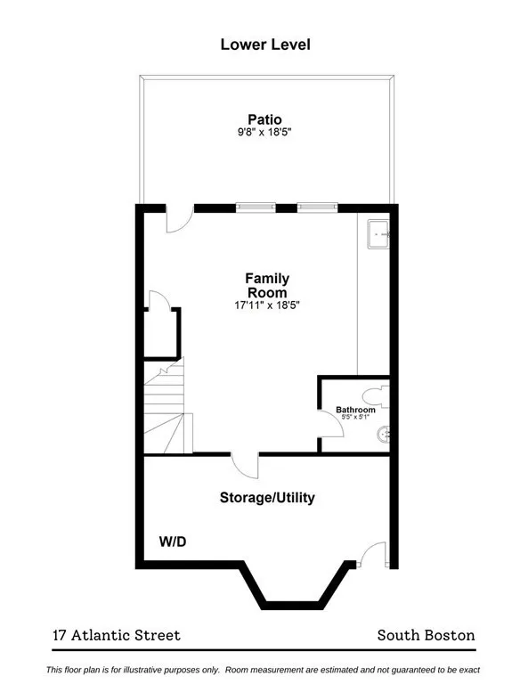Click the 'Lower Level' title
click(x=264, y=44)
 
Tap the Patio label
click(x=264, y=119)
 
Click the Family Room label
click(x=267, y=285)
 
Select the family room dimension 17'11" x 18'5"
click(x=267, y=305)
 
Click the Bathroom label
click(x=355, y=410)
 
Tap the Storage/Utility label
click(x=267, y=498)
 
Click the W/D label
click(x=173, y=541)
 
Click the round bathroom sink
click(x=385, y=435)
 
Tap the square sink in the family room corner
click(x=378, y=234)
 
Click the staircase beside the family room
click(x=167, y=408)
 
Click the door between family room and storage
click(x=245, y=464)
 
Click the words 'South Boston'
click(x=426, y=635)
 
